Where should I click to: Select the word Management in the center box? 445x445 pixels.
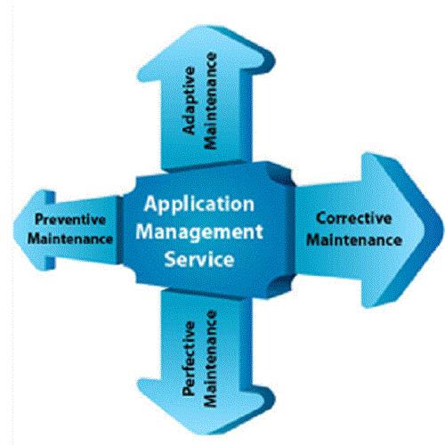point(199,232)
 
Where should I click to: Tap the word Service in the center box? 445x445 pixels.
point(199,259)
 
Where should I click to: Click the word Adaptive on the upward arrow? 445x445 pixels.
point(190,101)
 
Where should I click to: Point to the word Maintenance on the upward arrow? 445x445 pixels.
point(211,101)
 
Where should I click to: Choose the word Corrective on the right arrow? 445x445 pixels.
point(353,218)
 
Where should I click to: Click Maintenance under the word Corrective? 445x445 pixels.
point(354,239)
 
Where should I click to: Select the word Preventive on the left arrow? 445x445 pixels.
point(70,220)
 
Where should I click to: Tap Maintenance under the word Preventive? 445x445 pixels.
point(70,239)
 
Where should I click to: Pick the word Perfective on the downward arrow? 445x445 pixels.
point(190,359)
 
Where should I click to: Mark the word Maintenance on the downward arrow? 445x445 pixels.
point(211,359)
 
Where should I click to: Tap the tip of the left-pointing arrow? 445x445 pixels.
point(13,231)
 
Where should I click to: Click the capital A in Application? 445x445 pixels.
point(151,204)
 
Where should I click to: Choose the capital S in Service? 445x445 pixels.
point(171,259)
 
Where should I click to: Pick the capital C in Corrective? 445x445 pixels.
point(321,218)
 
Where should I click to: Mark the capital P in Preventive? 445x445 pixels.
point(40,220)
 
